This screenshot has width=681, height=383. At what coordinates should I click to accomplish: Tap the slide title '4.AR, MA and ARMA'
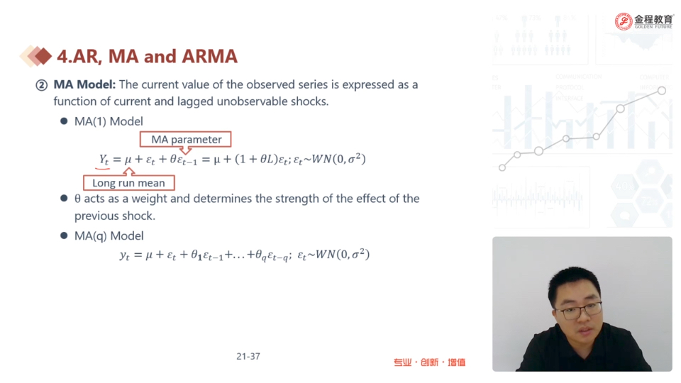[x=148, y=57]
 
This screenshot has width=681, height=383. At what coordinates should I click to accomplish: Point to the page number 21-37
[x=248, y=357]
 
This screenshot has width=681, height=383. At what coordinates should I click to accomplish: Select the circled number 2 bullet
[x=42, y=85]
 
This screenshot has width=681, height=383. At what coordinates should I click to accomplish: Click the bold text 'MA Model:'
[x=84, y=84]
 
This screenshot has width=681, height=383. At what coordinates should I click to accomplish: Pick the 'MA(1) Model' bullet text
[x=109, y=121]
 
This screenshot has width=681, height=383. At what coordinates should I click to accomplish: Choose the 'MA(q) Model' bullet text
[x=109, y=235]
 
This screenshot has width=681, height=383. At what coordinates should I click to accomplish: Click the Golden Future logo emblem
[x=624, y=21]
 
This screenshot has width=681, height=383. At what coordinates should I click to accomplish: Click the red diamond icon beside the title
[x=43, y=56]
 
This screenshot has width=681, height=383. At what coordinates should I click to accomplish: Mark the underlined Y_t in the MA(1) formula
[x=104, y=160]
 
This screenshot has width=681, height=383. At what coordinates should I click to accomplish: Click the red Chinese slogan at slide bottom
[x=430, y=362]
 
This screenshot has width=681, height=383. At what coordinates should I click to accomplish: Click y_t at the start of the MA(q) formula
[x=125, y=255]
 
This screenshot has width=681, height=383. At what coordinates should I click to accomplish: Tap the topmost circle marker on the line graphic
[x=661, y=91]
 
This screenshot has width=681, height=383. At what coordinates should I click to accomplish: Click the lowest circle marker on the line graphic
[x=502, y=167]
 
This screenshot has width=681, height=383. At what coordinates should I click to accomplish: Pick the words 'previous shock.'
[x=115, y=216]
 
